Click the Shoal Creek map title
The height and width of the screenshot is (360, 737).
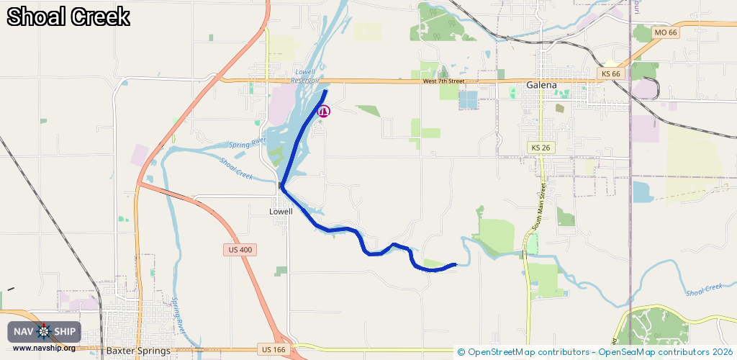(x=69, y=17)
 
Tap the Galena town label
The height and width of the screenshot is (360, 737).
(x=541, y=85)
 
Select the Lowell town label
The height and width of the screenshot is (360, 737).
(x=281, y=212)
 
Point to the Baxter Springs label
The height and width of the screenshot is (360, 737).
(x=138, y=351)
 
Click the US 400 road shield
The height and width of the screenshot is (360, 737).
(x=239, y=249)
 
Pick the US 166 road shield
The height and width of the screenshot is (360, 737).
(x=273, y=349)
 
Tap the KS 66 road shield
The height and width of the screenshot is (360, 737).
(x=610, y=74)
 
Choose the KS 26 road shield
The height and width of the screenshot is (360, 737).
(x=541, y=148)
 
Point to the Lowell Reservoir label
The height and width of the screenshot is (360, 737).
(x=305, y=76)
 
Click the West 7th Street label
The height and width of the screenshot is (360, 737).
(x=444, y=81)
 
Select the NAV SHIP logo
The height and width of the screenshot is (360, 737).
(x=44, y=332)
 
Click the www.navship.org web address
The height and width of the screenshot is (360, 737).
(x=44, y=348)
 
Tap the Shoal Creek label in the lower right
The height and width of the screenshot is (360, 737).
(x=703, y=289)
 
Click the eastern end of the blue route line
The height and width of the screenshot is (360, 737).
(x=455, y=264)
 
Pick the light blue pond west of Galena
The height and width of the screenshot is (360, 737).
(x=468, y=99)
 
